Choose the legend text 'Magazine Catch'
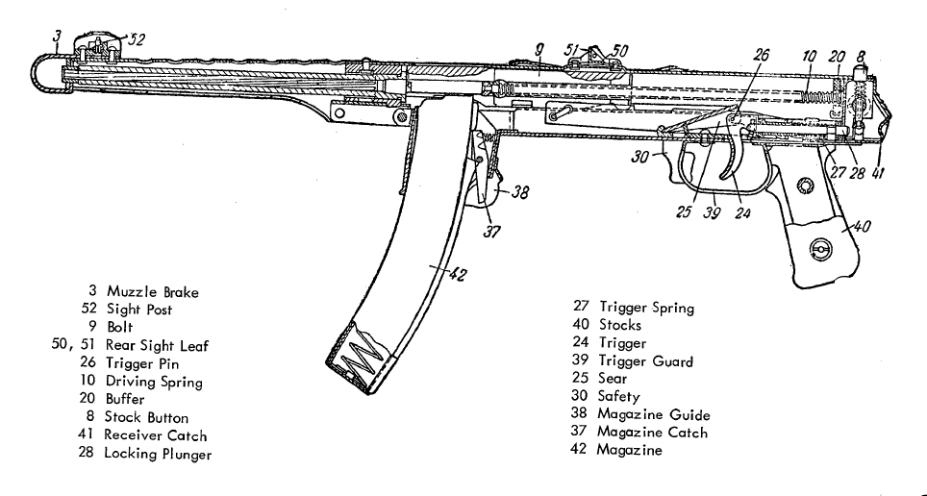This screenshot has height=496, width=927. pos(653,432)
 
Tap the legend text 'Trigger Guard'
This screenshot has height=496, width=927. pos(645,361)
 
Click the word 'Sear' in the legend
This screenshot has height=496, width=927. pos(613,379)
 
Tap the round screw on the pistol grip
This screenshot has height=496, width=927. pos(819,250)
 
